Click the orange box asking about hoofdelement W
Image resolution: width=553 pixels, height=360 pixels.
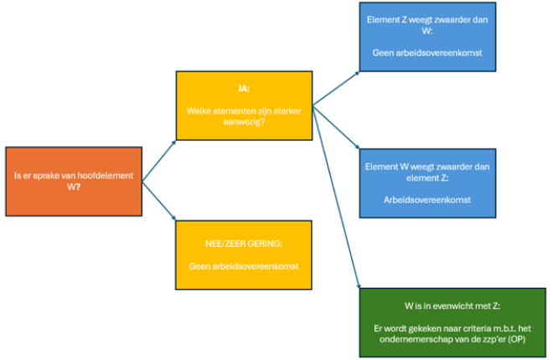(x=74, y=182)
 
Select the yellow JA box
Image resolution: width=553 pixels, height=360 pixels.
(x=244, y=105)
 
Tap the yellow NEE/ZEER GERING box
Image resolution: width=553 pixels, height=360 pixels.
(x=244, y=255)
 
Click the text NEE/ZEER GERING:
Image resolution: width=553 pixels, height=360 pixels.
(x=244, y=244)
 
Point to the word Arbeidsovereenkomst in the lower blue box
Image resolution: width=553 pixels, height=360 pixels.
(x=427, y=201)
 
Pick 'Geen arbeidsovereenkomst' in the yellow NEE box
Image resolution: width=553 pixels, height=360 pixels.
(x=244, y=267)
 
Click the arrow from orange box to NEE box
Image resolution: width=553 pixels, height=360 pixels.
(x=159, y=202)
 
